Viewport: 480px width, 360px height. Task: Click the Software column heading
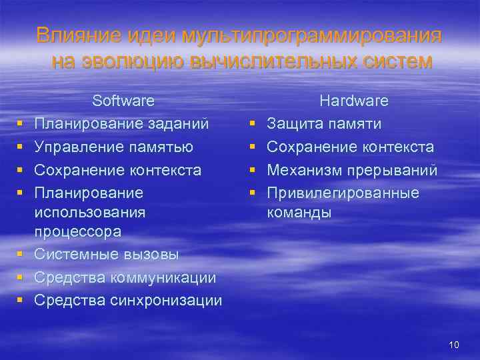123,101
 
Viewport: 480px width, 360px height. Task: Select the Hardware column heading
354,101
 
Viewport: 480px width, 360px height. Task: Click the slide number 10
455,345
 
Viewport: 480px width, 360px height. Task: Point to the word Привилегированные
343,193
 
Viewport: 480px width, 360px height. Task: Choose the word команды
299,213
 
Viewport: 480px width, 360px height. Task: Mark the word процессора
78,233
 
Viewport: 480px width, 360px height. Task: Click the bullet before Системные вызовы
22,254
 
